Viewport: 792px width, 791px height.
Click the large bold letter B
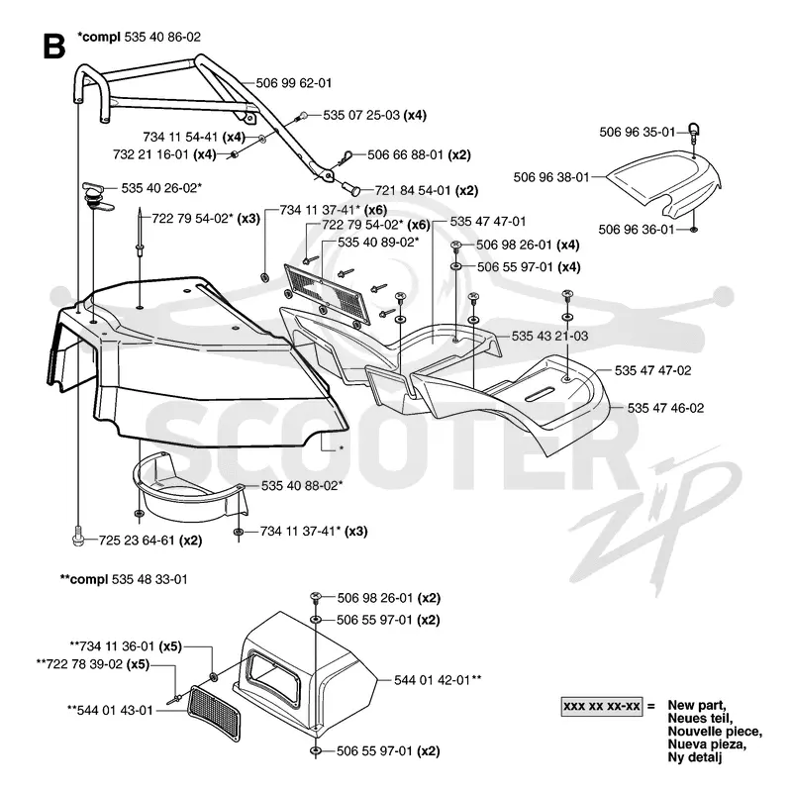[x=54, y=46]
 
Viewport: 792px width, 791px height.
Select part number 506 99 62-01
[x=293, y=83]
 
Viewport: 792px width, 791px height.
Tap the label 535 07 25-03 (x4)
[x=375, y=115]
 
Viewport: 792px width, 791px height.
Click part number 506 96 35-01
[x=637, y=132]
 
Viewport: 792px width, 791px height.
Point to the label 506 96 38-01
[x=551, y=177]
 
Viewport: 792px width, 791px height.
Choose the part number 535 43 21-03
[x=549, y=336]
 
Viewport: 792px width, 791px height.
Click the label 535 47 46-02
[x=665, y=408]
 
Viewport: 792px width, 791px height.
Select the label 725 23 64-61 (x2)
[x=150, y=541]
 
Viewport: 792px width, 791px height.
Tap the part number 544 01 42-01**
[x=438, y=680]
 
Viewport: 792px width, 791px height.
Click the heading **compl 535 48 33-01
[x=124, y=579]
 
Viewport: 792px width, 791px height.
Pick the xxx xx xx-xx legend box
[x=602, y=706]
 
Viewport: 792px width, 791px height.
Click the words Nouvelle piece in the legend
[x=715, y=732]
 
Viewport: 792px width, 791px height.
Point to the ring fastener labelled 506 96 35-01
[x=695, y=131]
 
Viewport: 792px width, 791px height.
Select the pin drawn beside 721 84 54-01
[x=352, y=189]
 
